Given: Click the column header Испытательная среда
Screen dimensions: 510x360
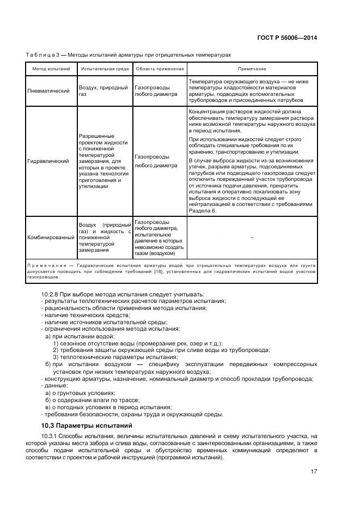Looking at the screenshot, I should pos(105,69).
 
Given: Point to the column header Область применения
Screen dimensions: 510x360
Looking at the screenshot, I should pos(159,69).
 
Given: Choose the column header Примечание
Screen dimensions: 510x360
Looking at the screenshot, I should pos(252,69).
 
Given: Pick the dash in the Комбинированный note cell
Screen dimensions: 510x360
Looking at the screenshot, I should pos(252,238).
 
